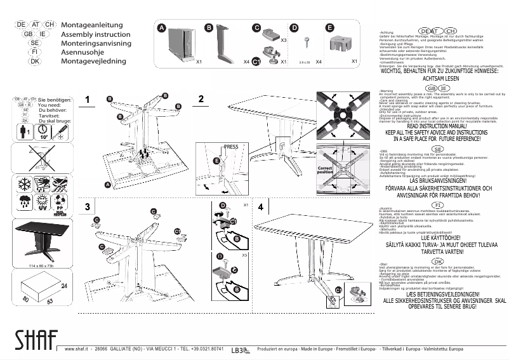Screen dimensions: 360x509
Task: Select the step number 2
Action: tap(201, 98)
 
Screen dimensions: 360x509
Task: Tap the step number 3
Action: tap(88, 207)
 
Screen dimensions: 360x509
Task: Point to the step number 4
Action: tap(261, 208)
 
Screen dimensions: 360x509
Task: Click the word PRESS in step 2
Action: tap(231, 147)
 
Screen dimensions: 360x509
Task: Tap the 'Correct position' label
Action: tap(325, 170)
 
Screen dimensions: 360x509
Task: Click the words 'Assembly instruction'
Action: tap(95, 34)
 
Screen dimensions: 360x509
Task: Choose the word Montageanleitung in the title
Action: tap(91, 24)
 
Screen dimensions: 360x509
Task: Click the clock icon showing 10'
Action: tap(44, 132)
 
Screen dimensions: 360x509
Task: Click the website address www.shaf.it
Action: tap(75, 349)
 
